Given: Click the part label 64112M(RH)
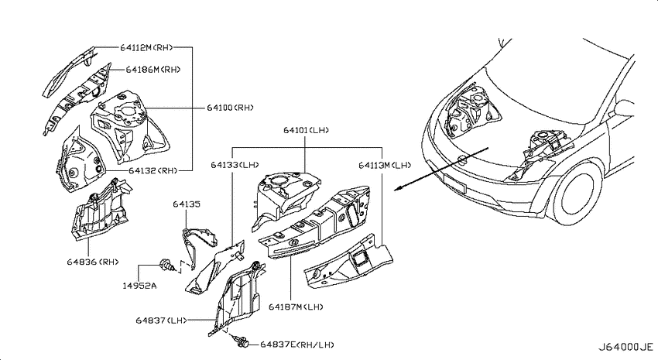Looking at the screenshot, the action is point(146,47).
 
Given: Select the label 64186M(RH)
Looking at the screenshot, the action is point(153,70).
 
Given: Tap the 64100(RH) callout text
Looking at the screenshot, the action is point(231,108).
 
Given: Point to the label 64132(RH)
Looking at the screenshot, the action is point(153,171).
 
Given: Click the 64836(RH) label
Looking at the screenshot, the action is point(93,262).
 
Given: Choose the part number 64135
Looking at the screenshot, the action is point(187,204).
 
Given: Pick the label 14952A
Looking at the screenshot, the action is point(139,286).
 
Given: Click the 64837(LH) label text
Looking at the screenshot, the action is point(161,321).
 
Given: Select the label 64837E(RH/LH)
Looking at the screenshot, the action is point(297,345).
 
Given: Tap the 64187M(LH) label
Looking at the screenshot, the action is point(296,307).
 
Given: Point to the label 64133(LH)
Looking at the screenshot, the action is point(235,166).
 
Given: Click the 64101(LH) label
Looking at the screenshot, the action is point(306,131).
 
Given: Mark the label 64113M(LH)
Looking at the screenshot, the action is point(385,166).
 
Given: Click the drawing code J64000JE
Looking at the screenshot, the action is point(625,348).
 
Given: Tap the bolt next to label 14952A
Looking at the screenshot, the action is point(165,266).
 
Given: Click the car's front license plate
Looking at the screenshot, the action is point(455,183).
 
